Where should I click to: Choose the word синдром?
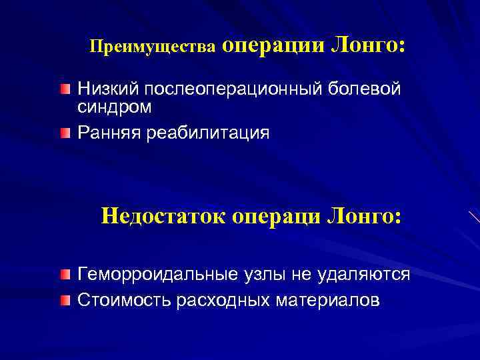tap(115, 107)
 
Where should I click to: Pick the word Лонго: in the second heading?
tap(363, 217)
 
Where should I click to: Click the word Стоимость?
tap(124, 300)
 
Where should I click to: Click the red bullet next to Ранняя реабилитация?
tap(63, 134)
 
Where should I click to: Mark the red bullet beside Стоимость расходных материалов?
tap(63, 301)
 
